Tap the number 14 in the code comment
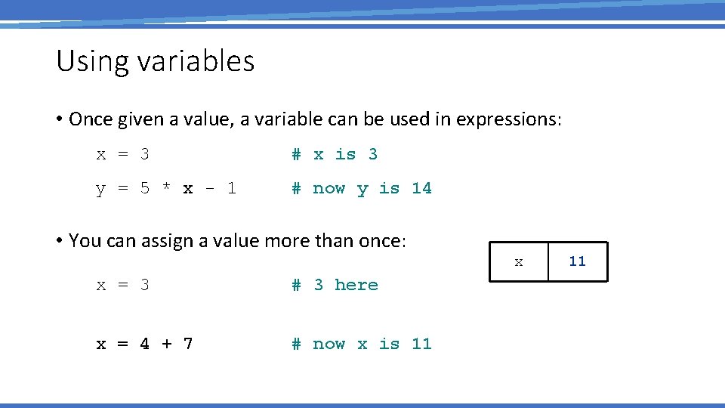(421, 188)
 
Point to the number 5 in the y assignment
(144, 189)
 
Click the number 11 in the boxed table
(578, 261)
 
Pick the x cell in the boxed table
(519, 262)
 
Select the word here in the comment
(356, 285)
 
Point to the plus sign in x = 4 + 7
(166, 345)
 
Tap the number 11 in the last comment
(421, 345)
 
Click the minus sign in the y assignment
(210, 189)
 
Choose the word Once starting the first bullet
(90, 119)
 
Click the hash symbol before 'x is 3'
(297, 155)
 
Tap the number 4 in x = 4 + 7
(144, 345)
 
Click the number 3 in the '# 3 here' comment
(319, 285)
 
